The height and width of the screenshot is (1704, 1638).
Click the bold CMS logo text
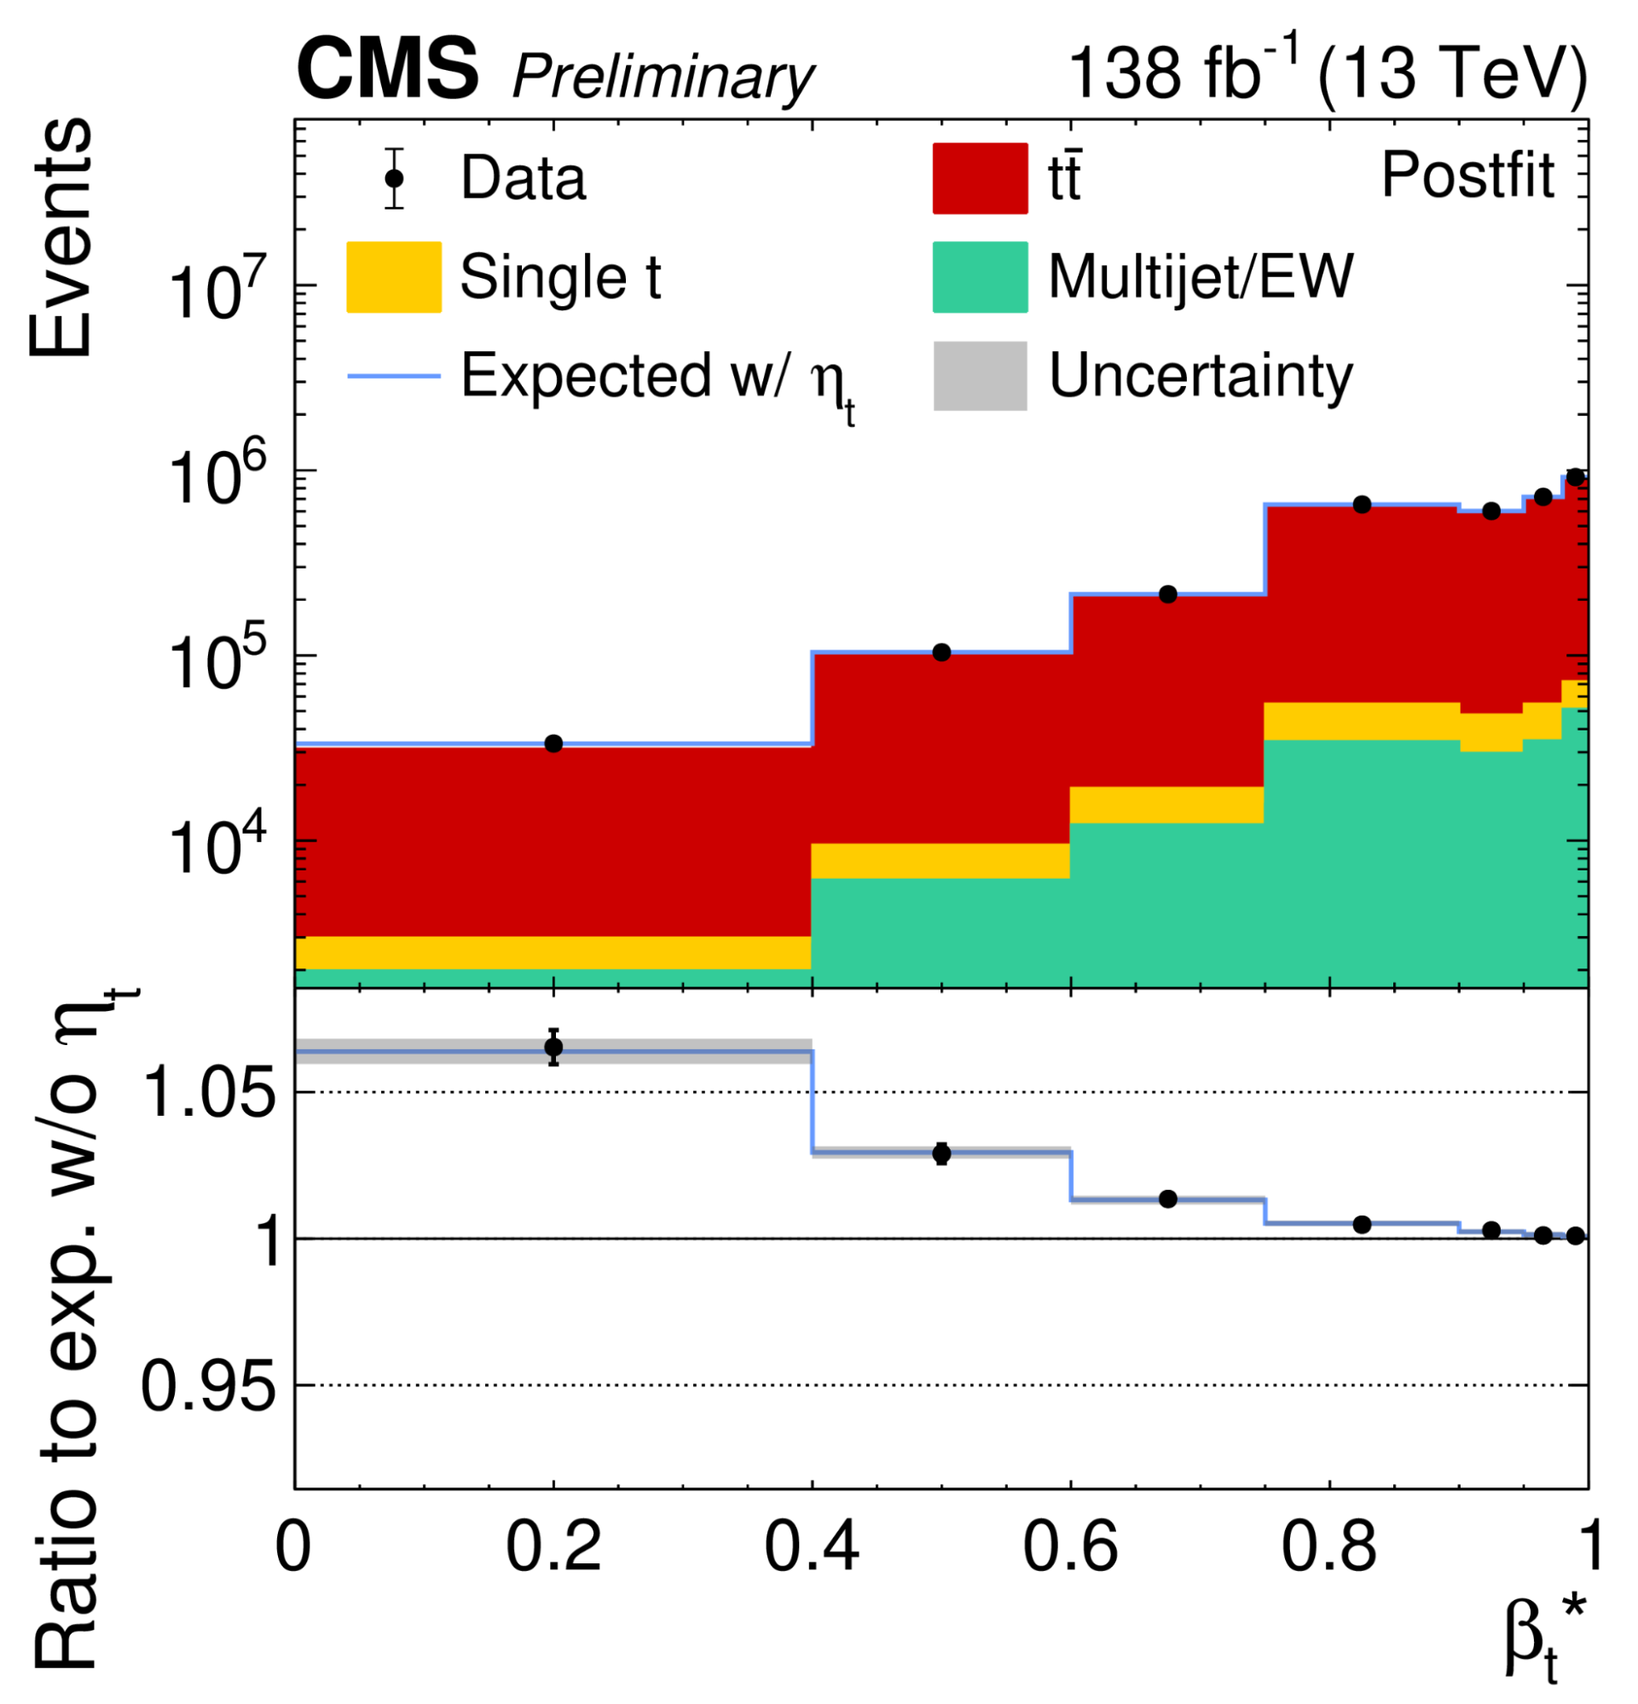point(387,72)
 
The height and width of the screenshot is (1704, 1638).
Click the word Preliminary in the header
point(663,78)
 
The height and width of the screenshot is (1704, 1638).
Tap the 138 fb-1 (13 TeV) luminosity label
point(1325,73)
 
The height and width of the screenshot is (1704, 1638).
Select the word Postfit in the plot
point(1467,176)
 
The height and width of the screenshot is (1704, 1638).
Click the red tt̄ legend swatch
point(980,179)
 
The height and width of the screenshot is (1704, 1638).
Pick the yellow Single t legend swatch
point(393,276)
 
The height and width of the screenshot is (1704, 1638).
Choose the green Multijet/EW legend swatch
point(980,276)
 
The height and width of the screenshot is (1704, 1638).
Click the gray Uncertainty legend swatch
point(980,376)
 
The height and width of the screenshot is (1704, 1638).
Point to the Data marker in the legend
point(395,178)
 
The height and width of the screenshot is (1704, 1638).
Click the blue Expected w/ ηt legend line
point(393,376)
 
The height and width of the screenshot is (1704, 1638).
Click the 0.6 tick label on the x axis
point(1069,1548)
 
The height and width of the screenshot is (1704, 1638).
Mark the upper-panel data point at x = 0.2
point(553,743)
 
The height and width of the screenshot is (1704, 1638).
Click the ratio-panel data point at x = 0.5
point(941,1153)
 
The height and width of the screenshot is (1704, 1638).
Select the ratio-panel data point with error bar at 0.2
point(553,1047)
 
